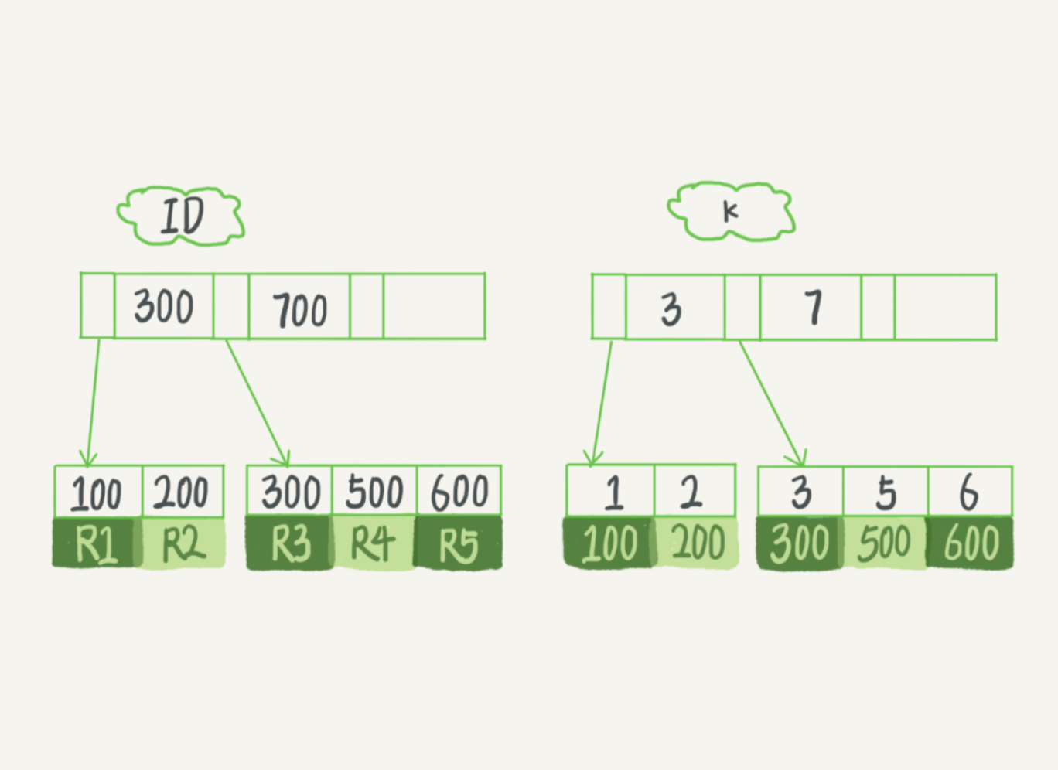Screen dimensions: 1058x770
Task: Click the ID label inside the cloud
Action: click(x=183, y=216)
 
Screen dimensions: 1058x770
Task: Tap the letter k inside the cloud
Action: click(x=730, y=212)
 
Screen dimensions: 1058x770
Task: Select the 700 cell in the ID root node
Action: click(x=299, y=306)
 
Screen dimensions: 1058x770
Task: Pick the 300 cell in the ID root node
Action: click(x=164, y=306)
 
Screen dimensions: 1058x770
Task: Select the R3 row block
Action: click(x=289, y=543)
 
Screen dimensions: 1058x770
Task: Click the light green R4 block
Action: click(x=374, y=543)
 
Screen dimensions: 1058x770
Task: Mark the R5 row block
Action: click(x=458, y=543)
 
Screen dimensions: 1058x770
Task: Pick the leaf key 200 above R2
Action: click(x=183, y=492)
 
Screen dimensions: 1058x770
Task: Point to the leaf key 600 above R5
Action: click(x=459, y=490)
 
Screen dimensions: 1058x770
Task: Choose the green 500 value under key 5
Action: click(x=884, y=543)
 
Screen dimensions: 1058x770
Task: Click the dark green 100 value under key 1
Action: click(x=609, y=542)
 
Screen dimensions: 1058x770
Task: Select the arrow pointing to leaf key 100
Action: click(x=93, y=403)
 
